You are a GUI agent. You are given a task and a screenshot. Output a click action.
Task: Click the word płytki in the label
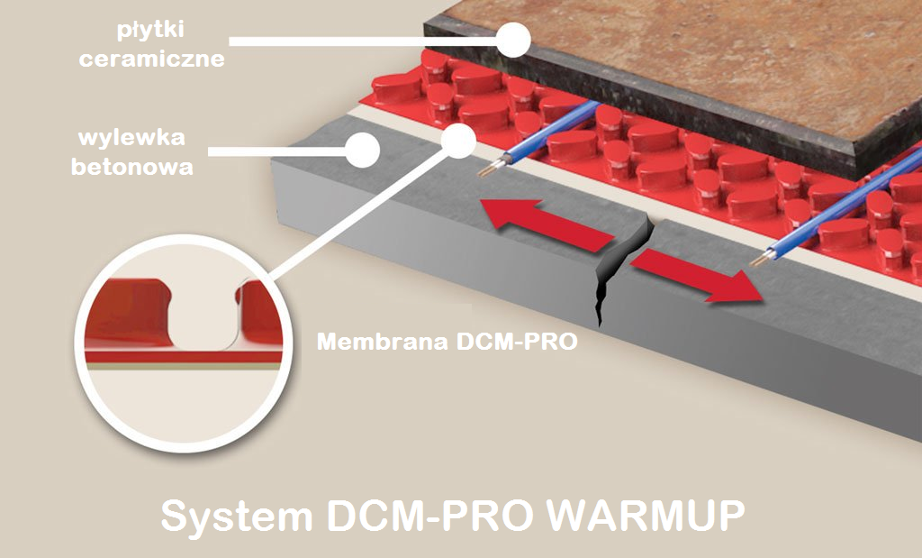(151, 32)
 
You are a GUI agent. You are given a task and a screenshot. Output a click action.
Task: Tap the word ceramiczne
(151, 59)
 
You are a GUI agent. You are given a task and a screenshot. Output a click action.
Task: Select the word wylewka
(133, 139)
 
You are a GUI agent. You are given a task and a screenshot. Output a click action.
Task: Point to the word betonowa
(135, 167)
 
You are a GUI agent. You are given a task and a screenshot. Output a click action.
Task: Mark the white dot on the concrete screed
(363, 150)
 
